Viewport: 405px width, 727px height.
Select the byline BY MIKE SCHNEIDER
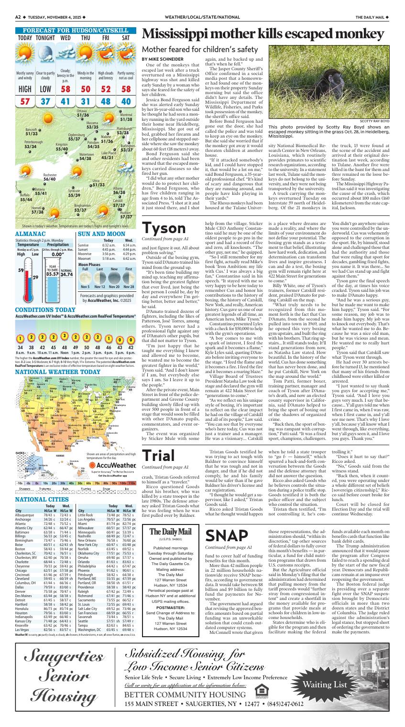pyautogui.click(x=161, y=59)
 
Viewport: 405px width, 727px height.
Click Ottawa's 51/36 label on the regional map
pyautogui.click(x=83, y=115)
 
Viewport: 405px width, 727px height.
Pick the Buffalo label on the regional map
pyautogui.click(x=23, y=195)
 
